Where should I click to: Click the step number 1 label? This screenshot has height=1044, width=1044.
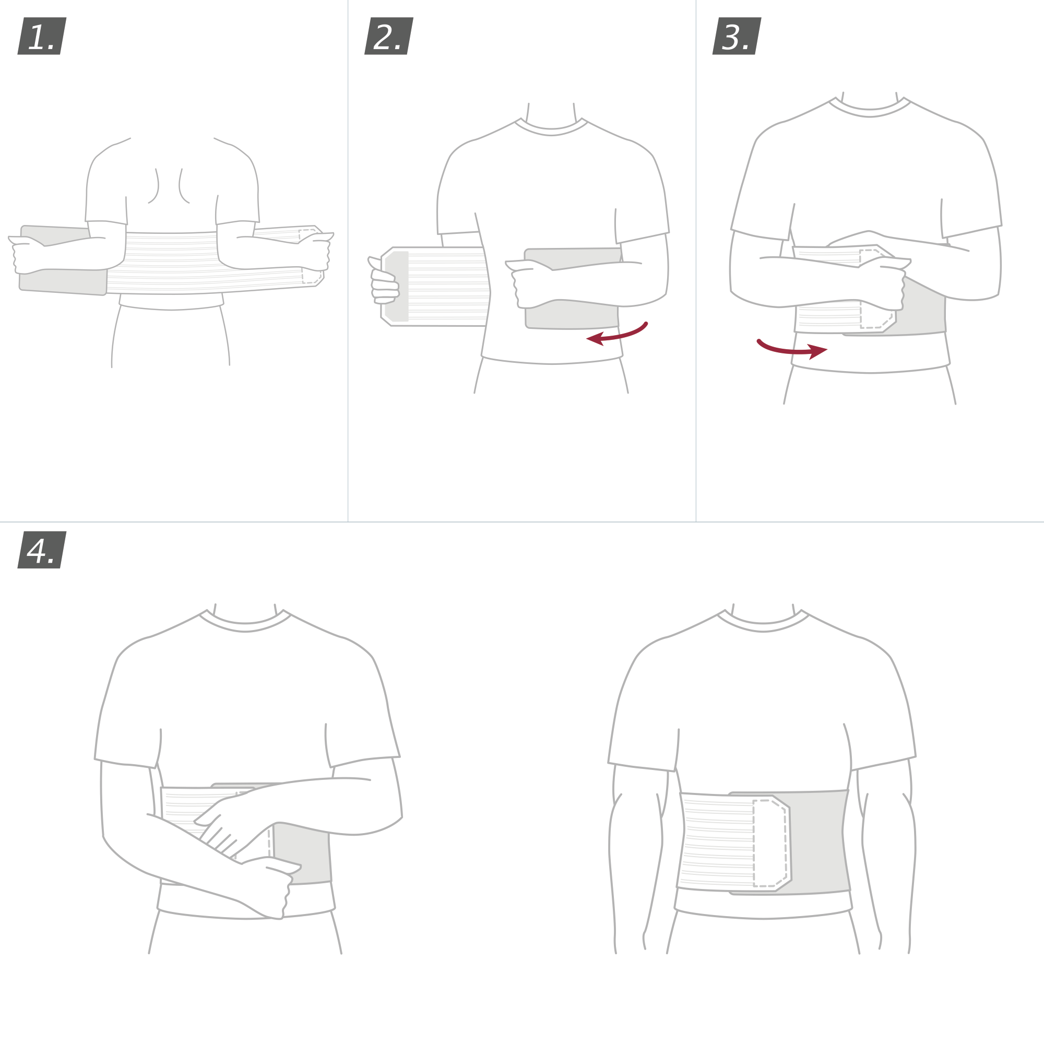pos(42,35)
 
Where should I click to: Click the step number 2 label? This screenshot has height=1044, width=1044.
pos(388,35)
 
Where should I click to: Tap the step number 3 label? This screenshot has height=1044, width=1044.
pos(737,35)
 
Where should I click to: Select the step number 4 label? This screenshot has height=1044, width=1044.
pos(42,550)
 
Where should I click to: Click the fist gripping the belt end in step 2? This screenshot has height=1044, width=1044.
pos(385,287)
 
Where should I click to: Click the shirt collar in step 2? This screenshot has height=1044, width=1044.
pos(551,129)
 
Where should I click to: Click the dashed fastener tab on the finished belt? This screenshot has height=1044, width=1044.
pos(769,843)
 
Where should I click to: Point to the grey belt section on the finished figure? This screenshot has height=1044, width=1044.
pos(816,843)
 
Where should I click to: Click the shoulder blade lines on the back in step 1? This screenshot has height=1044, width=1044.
pos(169,186)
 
